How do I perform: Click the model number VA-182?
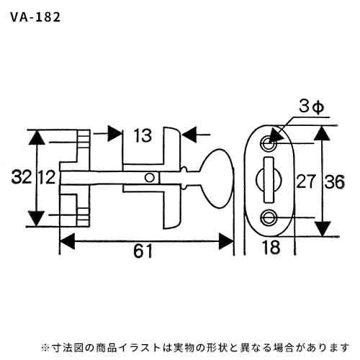point(35,17)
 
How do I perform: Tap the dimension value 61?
point(143,251)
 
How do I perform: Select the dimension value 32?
point(22,177)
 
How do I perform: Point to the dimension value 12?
point(48,177)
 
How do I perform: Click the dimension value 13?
point(143,135)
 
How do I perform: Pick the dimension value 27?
point(305,181)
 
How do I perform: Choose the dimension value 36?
point(335,181)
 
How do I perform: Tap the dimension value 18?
point(271,247)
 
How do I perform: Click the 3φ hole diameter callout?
point(311,107)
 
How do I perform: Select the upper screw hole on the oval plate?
point(269,144)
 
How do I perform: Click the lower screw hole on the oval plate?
point(269,217)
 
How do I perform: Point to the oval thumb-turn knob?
point(216,179)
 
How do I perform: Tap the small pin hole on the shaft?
point(150,178)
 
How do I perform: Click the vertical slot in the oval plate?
point(269,180)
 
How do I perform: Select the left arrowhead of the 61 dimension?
point(67,241)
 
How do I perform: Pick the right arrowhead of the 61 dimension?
point(226,241)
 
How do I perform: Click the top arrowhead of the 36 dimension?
point(323,133)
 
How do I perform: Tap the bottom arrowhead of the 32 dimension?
point(37,218)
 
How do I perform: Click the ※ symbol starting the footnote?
point(45,348)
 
